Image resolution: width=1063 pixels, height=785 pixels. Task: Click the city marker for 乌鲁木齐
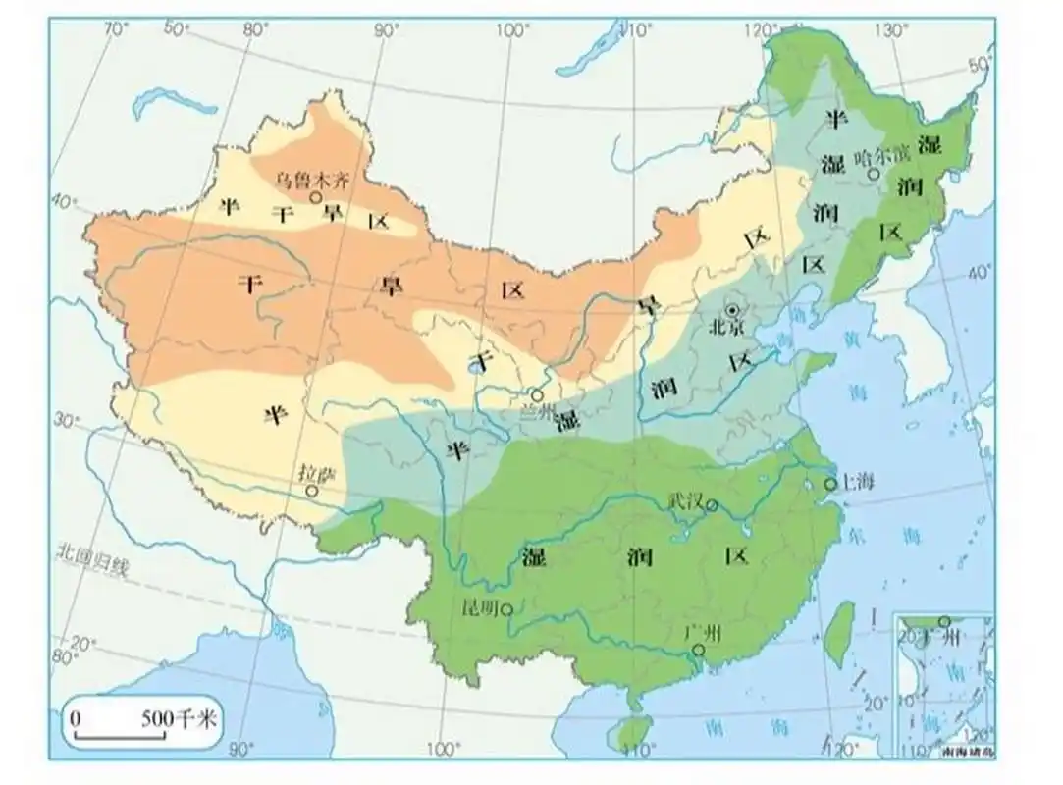pos(316,197)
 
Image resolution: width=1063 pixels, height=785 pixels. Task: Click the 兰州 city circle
pos(537,395)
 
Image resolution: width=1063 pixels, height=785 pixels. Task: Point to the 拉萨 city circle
pos(311,490)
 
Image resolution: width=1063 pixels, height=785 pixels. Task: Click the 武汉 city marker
pos(713,506)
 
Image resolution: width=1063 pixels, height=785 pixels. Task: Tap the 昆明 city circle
pos(506,609)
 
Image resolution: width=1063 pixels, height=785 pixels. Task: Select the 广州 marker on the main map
pos(697,650)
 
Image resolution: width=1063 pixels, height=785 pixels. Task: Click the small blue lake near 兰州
pos(476,367)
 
